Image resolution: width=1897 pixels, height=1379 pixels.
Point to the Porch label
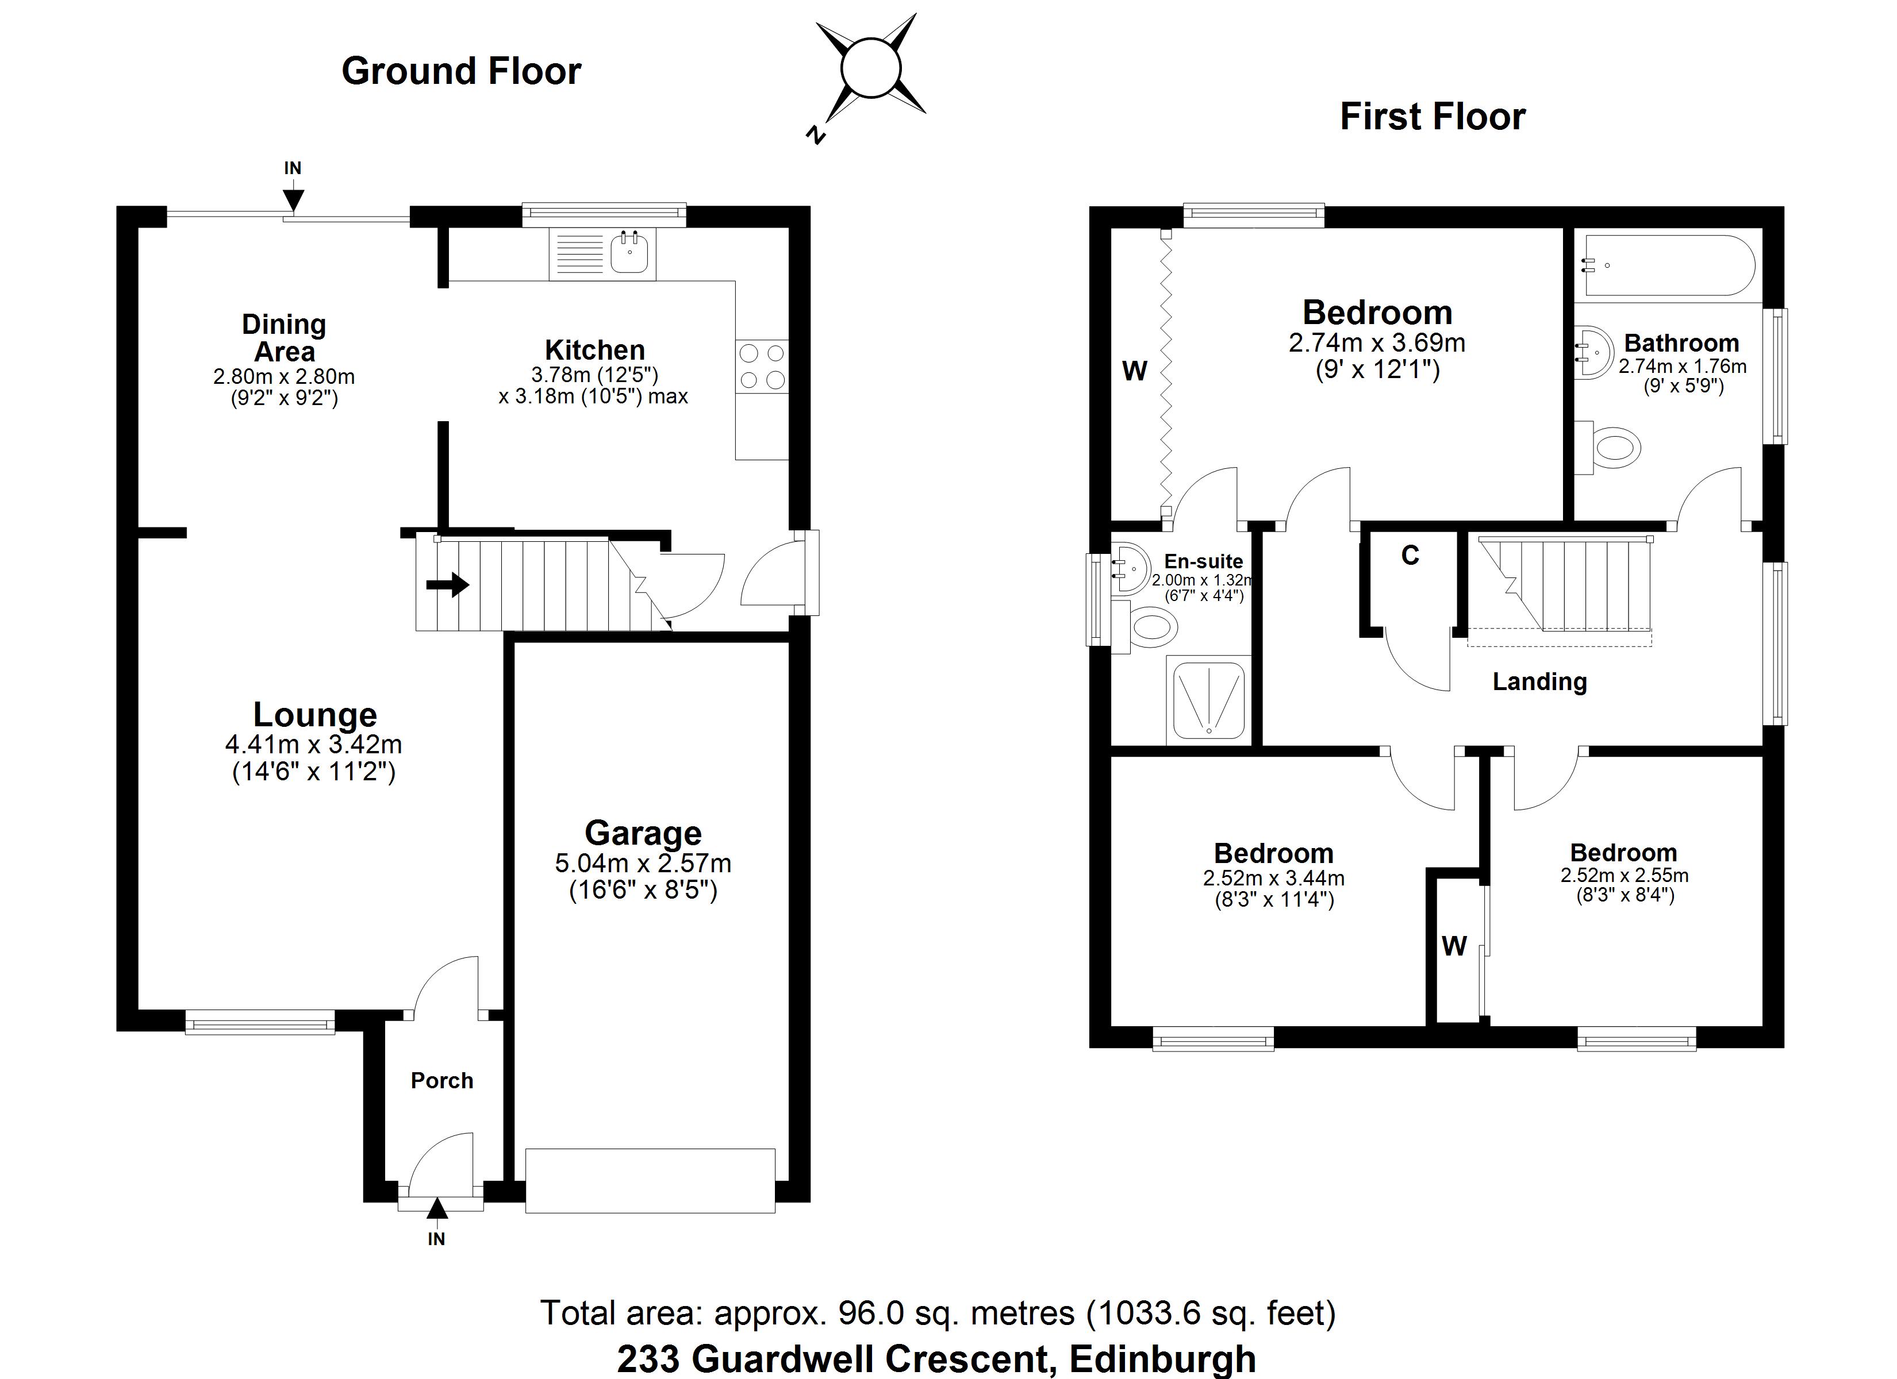tap(441, 1080)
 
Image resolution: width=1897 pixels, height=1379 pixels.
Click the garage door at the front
tap(650, 1180)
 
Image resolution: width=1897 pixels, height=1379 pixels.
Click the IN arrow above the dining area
tap(293, 199)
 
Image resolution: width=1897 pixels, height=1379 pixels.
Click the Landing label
tap(1539, 681)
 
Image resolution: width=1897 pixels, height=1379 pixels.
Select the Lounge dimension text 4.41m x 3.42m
tap(314, 744)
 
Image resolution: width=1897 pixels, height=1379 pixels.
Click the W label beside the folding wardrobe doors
tap(1134, 371)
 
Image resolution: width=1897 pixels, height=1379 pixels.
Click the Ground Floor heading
tap(461, 71)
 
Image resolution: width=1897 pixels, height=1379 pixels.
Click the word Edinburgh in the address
tap(1162, 1358)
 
